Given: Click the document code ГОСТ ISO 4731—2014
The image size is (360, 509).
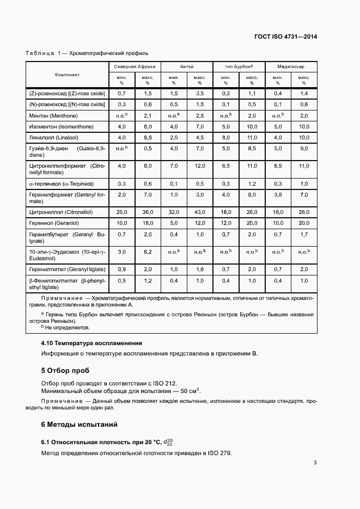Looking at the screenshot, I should tap(285, 36).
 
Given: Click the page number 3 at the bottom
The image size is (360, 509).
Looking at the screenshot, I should tap(315, 463).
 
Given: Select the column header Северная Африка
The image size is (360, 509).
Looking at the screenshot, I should tap(135, 66).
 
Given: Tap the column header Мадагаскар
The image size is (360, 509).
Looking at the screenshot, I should tap(291, 66).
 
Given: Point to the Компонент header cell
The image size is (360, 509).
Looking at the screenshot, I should tap(67, 75).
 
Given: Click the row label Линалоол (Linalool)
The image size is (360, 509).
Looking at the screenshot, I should tap(53, 137).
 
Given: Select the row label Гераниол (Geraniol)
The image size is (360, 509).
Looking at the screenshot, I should tap(53, 223).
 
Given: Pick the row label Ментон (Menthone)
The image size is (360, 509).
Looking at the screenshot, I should tap(53, 116).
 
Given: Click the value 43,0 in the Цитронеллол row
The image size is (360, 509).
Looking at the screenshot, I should tap(199, 212).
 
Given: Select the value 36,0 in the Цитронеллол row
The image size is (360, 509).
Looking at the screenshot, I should tap(148, 212).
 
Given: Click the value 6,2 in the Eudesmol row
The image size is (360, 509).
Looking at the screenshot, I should tap(148, 252).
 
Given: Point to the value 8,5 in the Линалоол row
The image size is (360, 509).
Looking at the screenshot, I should tap(148, 137).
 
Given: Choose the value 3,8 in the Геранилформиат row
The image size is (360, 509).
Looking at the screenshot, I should tap(278, 194).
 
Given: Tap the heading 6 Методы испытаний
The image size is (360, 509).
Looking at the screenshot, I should tap(80, 424).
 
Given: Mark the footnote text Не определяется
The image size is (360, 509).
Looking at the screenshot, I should tap(68, 328).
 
